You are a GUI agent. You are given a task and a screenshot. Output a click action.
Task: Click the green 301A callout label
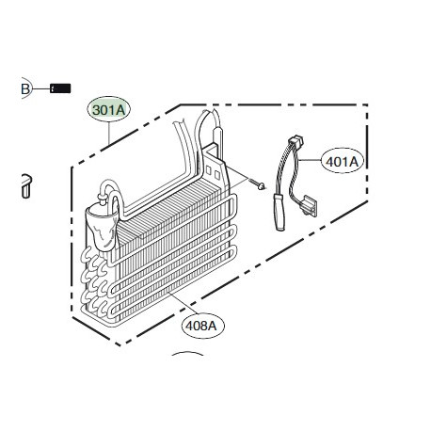pyautogui.click(x=109, y=110)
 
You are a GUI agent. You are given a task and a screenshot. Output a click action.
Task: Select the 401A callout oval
pyautogui.click(x=342, y=161)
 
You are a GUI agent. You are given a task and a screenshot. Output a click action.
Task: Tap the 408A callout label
pyautogui.click(x=200, y=326)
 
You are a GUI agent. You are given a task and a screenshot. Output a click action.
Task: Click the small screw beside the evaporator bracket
pyautogui.click(x=255, y=184)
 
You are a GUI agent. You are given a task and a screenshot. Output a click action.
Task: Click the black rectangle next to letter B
pyautogui.click(x=61, y=88)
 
